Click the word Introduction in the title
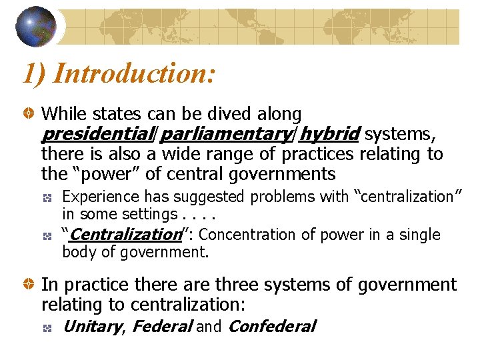tap(133, 71)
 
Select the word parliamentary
tap(225, 134)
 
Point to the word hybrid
tap(329, 134)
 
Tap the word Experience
tap(97, 197)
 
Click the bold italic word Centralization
tap(125, 235)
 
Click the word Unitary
tap(91, 327)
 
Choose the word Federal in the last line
tap(162, 327)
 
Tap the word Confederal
tap(271, 327)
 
